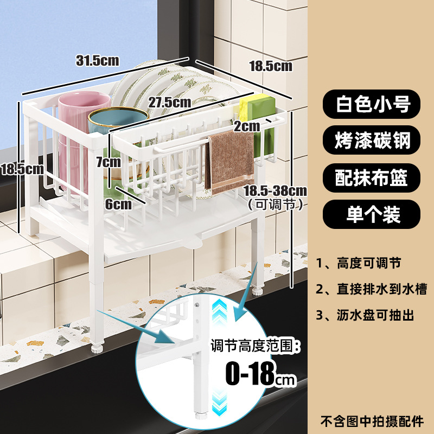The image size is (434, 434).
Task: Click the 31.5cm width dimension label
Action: pyautogui.click(x=97, y=60)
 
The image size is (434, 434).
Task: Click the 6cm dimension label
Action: pyautogui.click(x=118, y=204)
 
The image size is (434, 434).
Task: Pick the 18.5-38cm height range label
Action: pyautogui.click(x=275, y=191)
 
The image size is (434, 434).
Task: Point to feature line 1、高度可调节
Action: pyautogui.click(x=359, y=264)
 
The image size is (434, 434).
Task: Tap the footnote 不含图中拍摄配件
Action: pyautogui.click(x=373, y=420)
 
